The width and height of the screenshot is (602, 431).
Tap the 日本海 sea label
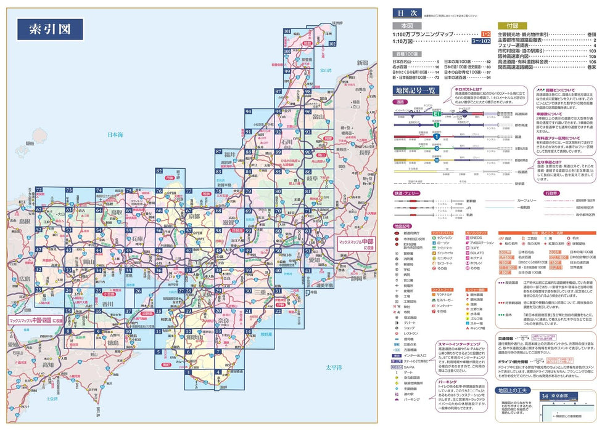pos(115,134)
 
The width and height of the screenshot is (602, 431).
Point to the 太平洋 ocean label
pos(334,368)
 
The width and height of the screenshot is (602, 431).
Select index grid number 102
pos(332,44)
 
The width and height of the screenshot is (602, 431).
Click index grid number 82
pos(159,171)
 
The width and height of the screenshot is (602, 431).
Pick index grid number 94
pos(248,111)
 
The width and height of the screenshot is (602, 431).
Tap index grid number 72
pos(39,190)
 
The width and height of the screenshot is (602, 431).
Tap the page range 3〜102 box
pos(482,41)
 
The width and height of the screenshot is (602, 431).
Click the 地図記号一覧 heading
pos(414,91)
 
